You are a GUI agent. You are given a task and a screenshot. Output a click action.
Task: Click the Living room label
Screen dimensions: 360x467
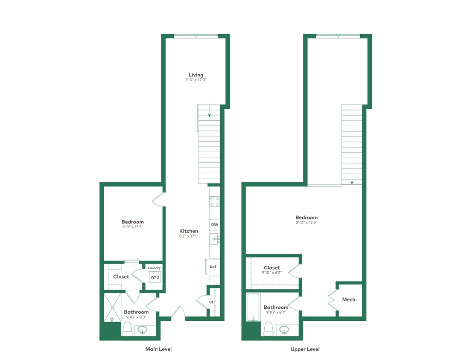196,75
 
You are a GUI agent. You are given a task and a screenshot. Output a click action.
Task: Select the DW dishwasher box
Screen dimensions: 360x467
214,224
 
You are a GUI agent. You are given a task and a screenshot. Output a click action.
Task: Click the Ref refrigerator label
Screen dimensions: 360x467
213,267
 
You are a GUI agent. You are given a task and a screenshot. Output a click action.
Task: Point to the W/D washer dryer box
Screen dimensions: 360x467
155,277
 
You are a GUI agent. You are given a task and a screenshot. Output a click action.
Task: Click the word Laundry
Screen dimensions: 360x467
154,268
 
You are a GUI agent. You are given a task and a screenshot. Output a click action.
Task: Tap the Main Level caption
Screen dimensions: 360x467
158,349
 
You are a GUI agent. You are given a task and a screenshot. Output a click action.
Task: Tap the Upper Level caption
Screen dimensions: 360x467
305,349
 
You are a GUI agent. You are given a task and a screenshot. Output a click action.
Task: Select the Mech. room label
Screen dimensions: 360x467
349,299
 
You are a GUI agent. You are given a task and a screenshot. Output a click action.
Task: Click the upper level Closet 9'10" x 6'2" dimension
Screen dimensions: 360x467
271,273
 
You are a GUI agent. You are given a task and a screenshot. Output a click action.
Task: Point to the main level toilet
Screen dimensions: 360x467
127,328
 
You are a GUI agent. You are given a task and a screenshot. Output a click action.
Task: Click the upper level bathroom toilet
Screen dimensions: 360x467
269,328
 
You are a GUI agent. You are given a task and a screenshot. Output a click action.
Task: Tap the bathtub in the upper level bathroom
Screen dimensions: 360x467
253,307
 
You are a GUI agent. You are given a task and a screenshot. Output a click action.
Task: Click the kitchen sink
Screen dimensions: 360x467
214,239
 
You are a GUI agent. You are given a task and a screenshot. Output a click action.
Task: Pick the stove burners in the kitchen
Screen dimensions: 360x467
214,201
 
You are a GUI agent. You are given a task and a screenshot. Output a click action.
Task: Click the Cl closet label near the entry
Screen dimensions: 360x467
211,302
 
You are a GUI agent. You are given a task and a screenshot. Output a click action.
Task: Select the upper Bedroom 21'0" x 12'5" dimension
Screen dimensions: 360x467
306,222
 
